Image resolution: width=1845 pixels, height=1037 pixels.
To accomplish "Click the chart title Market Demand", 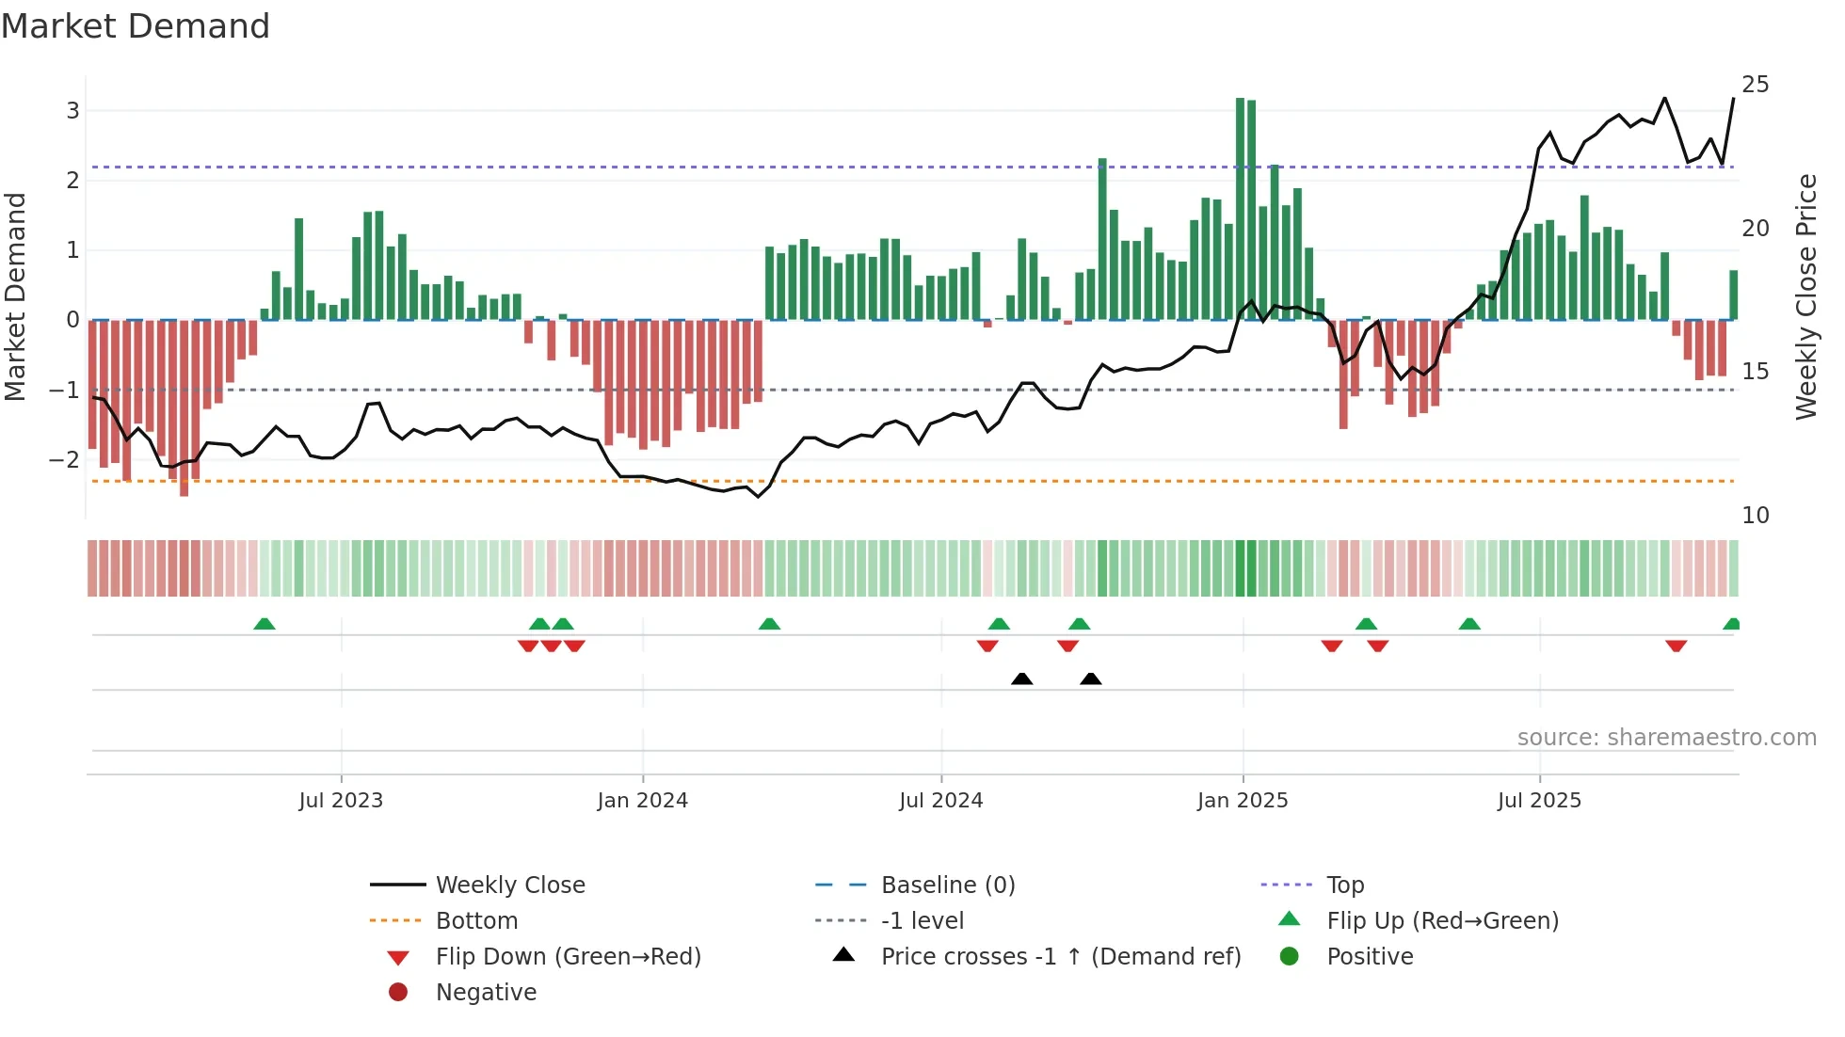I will point(136,25).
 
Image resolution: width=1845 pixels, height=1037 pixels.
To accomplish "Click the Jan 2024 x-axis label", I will point(642,801).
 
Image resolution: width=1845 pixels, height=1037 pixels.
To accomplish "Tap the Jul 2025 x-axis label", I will point(1539,801).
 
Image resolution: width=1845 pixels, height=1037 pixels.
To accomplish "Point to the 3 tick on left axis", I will point(72,111).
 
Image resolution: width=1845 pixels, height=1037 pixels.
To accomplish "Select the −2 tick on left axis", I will point(65,460).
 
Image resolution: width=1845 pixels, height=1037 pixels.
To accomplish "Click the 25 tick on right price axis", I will point(1755,85).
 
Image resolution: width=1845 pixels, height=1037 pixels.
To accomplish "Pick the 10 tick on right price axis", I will point(1755,516).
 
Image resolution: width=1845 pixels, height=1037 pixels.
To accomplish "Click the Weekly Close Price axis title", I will point(1805,296).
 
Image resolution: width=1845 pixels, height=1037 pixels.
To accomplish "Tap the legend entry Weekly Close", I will point(509,885).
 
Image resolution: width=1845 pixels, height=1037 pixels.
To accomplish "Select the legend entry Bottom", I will point(476,921).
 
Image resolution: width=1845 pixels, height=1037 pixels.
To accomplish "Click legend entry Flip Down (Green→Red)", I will point(568,957).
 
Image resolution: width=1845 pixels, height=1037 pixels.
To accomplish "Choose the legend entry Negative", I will point(486,993).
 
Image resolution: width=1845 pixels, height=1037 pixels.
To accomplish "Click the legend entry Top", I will point(1344,885).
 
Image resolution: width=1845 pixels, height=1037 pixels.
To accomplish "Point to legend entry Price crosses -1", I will point(1060,957).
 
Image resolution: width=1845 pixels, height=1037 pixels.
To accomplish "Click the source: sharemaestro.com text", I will point(1666,738).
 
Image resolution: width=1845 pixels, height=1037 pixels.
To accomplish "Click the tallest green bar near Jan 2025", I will point(1240,207).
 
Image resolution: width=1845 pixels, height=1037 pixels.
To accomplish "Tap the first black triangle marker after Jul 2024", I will point(1021,678).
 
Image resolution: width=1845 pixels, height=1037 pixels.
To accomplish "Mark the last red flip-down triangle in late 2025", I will point(1676,646).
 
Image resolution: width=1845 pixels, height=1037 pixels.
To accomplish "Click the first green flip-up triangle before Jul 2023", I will point(265,624).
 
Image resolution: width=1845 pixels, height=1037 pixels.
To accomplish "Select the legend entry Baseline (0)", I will point(947,885).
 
